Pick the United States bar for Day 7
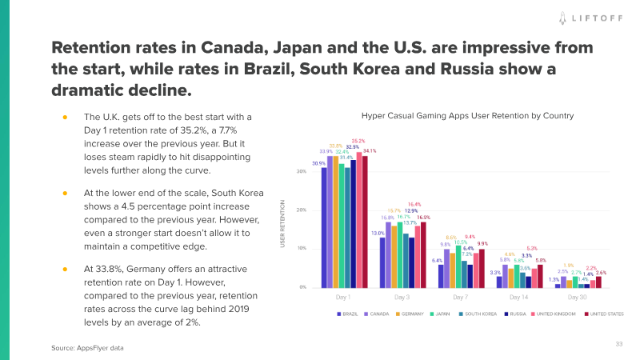click(x=482, y=268)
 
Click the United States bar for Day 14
click(x=541, y=276)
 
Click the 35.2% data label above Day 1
click(x=358, y=141)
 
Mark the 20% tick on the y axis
click(x=302, y=210)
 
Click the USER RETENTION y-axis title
click(x=282, y=223)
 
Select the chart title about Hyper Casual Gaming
click(x=467, y=116)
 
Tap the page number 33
click(x=618, y=344)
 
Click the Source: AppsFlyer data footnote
click(x=88, y=348)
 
